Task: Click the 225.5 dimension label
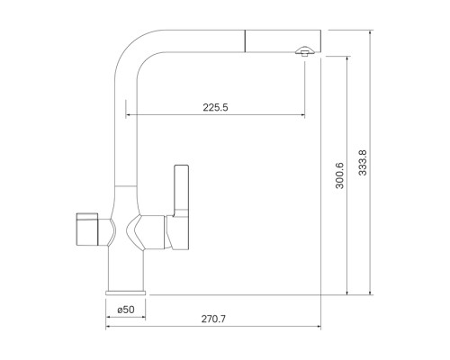tap(215, 107)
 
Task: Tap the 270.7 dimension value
tap(213, 319)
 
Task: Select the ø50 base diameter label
tap(126, 310)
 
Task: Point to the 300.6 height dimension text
tap(339, 175)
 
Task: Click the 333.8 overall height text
tap(363, 163)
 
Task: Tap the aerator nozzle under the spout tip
tap(305, 51)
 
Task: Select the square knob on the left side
tap(87, 229)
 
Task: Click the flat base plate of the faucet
tap(126, 292)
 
